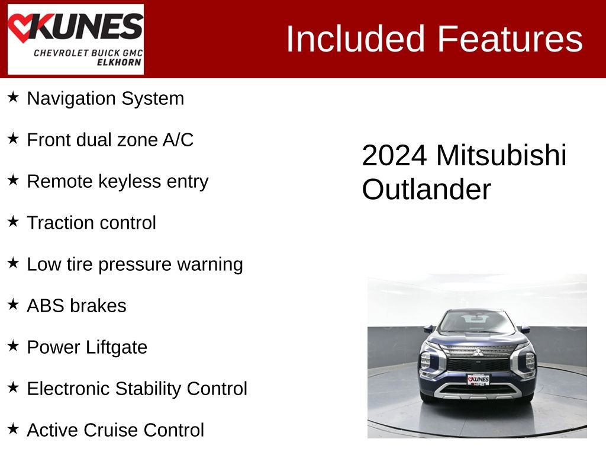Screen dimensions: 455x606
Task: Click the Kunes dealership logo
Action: pos(75,39)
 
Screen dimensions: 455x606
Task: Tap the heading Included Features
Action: pos(434,39)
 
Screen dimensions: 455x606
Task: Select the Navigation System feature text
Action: pos(105,98)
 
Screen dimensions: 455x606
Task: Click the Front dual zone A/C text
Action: pos(110,140)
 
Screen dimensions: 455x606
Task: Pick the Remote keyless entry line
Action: pos(117,181)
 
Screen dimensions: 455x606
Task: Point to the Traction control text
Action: pos(91,223)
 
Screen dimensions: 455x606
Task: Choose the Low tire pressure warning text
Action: pos(134,264)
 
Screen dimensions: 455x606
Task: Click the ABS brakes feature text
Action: pos(76,306)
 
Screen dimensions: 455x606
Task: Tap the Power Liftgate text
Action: pos(86,347)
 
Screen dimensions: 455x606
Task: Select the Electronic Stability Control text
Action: pos(137,389)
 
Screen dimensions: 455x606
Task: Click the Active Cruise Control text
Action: pos(115,430)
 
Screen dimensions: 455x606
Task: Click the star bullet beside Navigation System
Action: pos(13,97)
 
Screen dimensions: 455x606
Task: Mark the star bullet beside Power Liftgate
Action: pos(13,346)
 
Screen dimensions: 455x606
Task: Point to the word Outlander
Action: pos(426,190)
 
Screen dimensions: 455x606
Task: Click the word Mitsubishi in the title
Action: pos(501,156)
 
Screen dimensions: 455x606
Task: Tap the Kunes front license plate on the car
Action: pos(478,379)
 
